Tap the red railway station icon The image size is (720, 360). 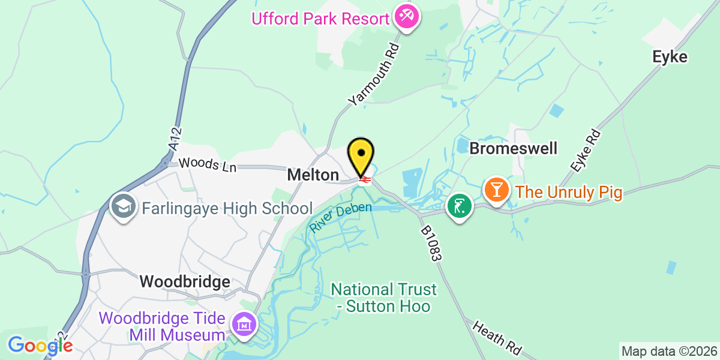pyautogui.click(x=364, y=179)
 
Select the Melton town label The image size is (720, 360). pyautogui.click(x=313, y=175)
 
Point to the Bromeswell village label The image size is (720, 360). pyautogui.click(x=514, y=148)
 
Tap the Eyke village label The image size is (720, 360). pyautogui.click(x=670, y=57)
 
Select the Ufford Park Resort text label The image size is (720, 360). pyautogui.click(x=320, y=19)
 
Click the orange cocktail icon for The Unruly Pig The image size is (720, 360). pyautogui.click(x=497, y=191)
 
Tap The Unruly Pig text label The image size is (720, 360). pyautogui.click(x=569, y=193)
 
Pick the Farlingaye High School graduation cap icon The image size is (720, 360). pyautogui.click(x=124, y=208)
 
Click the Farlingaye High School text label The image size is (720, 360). pyautogui.click(x=227, y=209)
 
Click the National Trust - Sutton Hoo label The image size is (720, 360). pyautogui.click(x=384, y=298)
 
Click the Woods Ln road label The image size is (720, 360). pyautogui.click(x=208, y=164)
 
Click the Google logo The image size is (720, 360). pyautogui.click(x=40, y=346)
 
